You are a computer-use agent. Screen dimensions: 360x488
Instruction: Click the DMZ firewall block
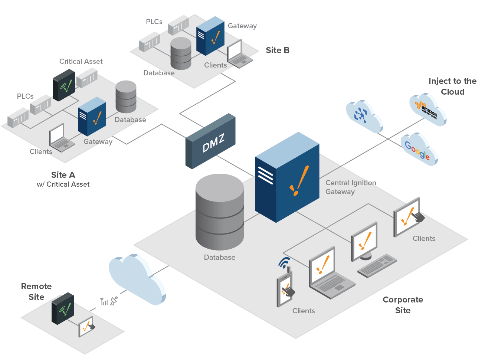click(x=211, y=141)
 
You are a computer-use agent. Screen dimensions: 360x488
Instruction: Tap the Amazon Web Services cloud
click(x=428, y=109)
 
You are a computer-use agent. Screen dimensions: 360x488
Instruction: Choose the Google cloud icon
click(x=419, y=150)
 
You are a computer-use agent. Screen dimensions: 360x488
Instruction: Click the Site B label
click(x=277, y=50)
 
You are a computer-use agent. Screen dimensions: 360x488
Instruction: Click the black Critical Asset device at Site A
click(x=63, y=85)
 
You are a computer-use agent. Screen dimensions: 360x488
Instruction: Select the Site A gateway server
click(x=92, y=117)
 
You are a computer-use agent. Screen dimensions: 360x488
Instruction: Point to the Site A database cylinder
click(x=126, y=96)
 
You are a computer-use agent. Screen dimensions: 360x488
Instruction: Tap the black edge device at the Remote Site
click(x=62, y=308)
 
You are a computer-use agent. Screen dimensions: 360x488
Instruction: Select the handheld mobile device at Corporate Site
click(x=285, y=289)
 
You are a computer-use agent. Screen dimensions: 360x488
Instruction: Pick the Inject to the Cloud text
click(x=452, y=86)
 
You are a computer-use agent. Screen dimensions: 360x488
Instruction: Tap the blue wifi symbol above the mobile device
click(x=284, y=263)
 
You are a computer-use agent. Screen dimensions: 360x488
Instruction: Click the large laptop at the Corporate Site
click(x=328, y=273)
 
